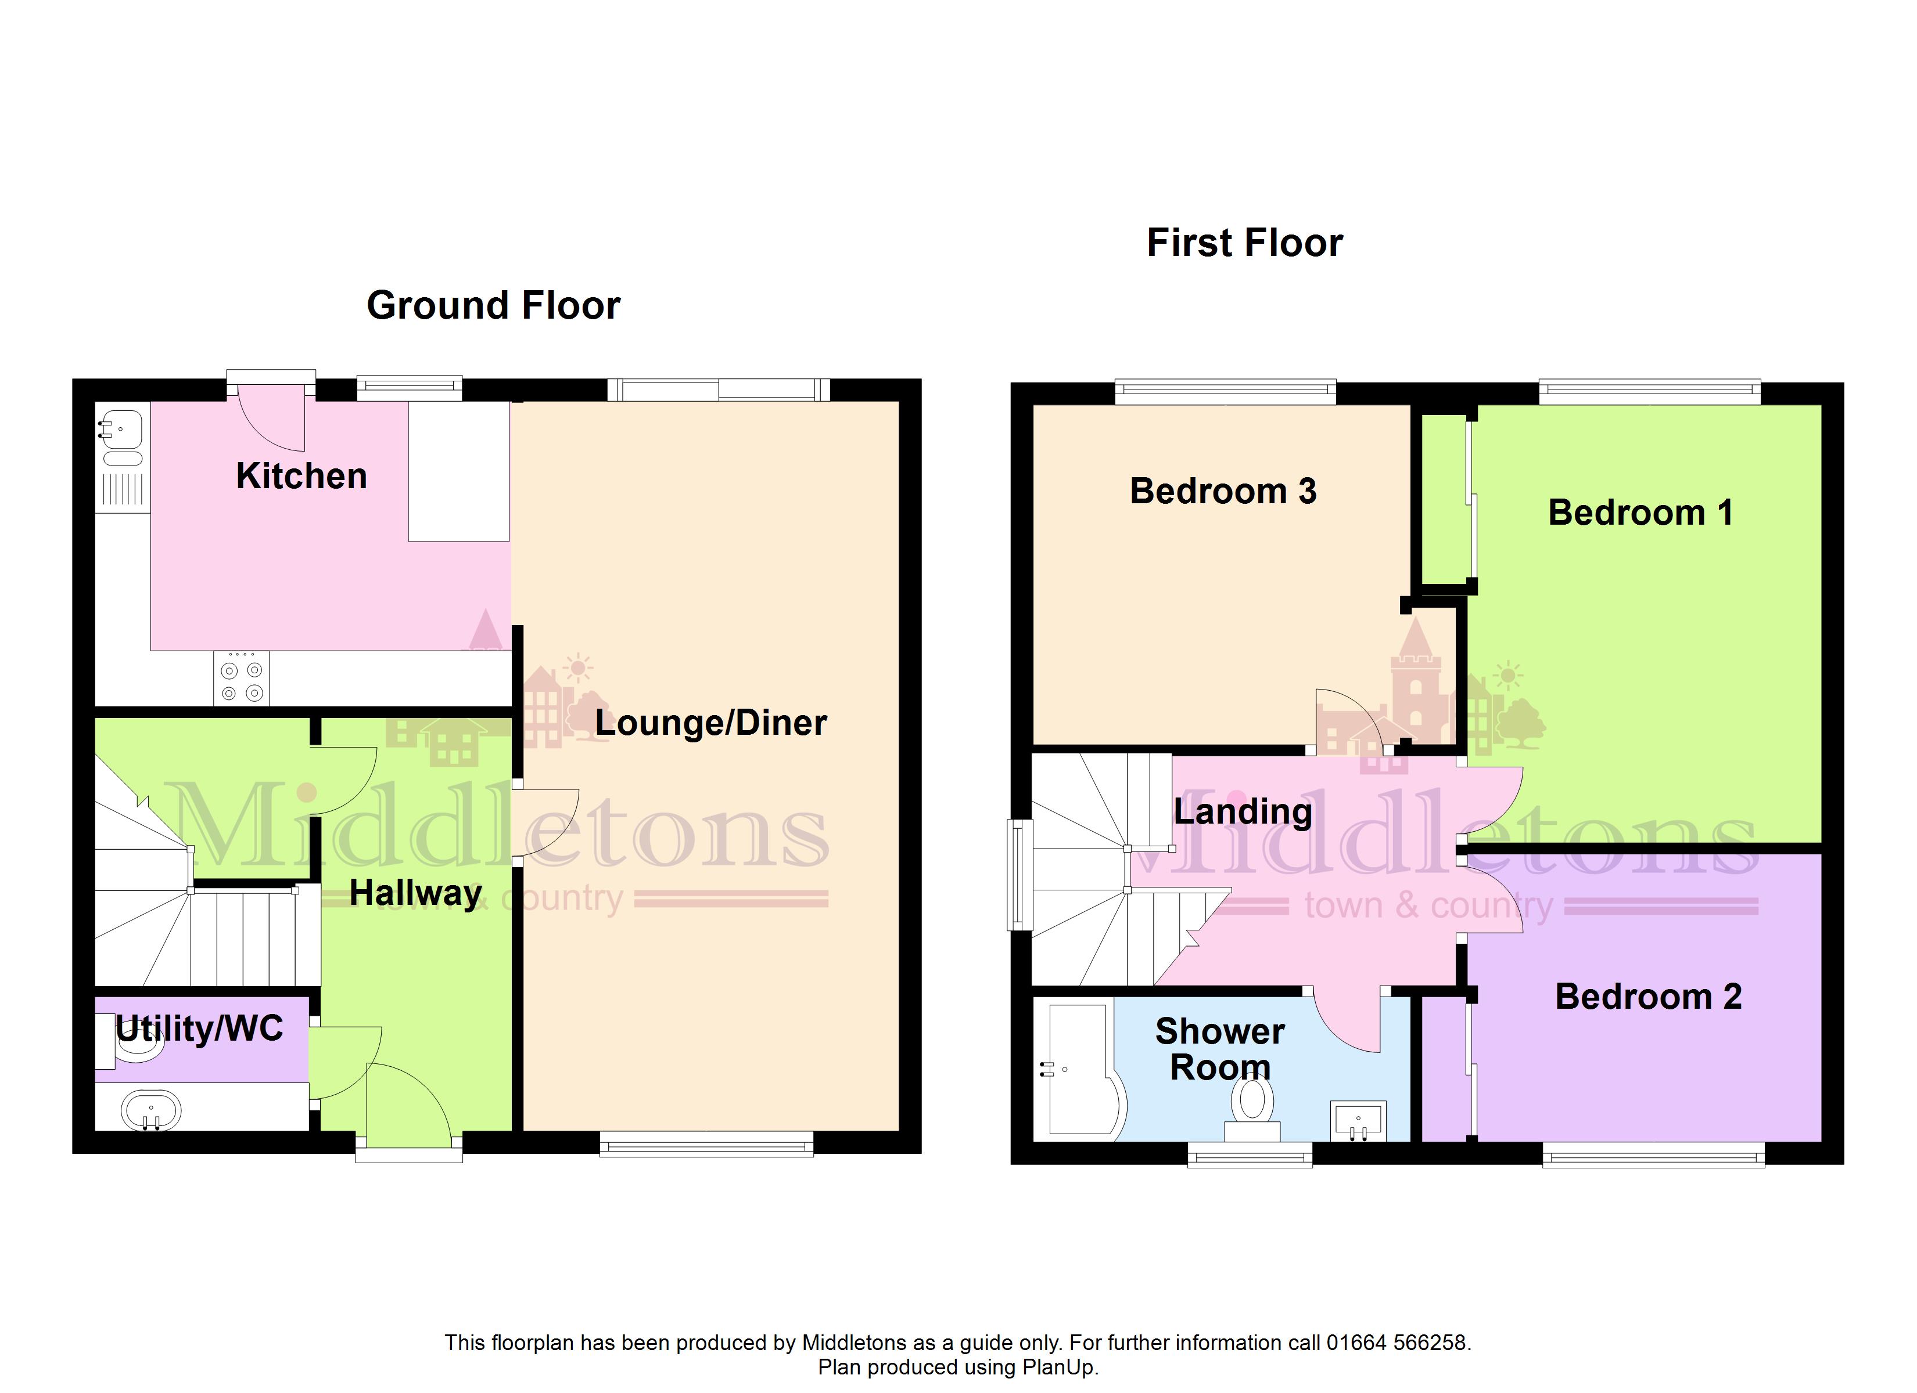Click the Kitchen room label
(x=301, y=477)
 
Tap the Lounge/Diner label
(x=711, y=723)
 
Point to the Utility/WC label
(x=199, y=1030)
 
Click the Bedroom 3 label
(x=1223, y=492)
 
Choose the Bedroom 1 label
(x=1640, y=513)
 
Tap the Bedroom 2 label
(x=1648, y=997)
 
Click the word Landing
(x=1243, y=813)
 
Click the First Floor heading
(x=1244, y=243)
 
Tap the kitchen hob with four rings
(x=241, y=679)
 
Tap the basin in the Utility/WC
(x=151, y=1110)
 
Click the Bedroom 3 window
(x=1226, y=392)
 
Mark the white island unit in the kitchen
(x=459, y=471)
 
